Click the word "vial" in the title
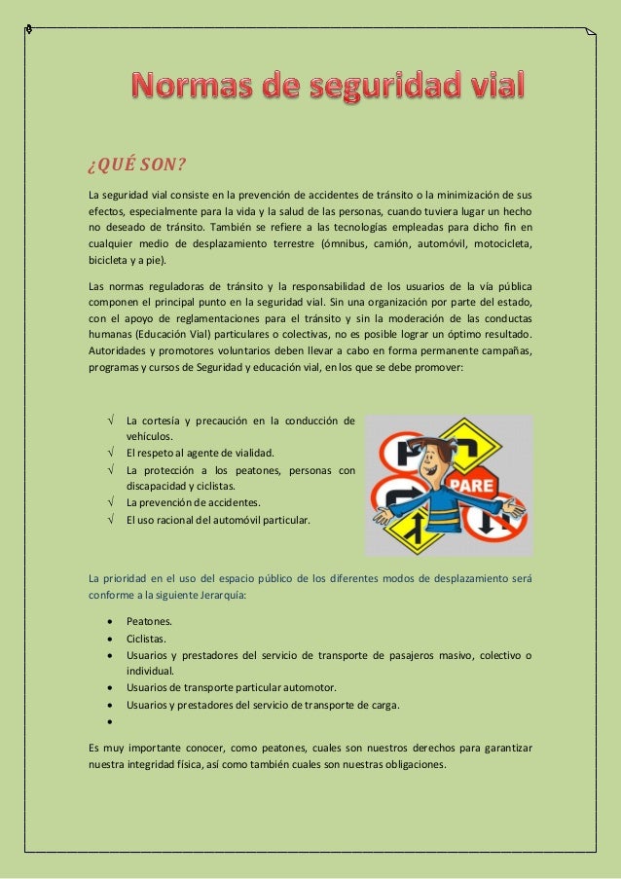coord(487,87)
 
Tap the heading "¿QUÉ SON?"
coord(128,162)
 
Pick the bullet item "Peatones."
coord(149,621)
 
